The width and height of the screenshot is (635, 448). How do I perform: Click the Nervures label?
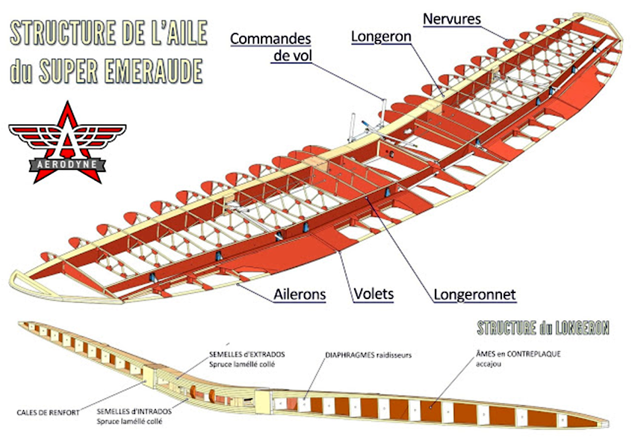451,19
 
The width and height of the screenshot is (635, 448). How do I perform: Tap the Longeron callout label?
381,37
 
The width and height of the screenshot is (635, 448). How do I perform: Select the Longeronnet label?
474,295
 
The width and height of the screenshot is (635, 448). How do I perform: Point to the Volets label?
374,294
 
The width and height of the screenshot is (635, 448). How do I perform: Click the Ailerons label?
300,295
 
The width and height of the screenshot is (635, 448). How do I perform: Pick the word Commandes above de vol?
270,39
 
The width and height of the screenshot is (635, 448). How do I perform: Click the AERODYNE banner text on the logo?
66,165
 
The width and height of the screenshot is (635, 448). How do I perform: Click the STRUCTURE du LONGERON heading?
543,328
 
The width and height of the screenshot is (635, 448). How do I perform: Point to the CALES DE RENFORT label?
49,413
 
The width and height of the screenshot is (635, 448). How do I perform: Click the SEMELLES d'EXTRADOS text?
247,355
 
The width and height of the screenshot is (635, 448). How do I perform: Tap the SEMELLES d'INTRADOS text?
134,411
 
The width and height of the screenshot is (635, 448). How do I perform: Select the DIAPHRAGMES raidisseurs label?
368,355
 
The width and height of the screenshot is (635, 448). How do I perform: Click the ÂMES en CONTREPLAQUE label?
518,354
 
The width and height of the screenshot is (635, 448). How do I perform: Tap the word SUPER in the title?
69,70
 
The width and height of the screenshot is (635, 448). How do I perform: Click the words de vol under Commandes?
292,55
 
